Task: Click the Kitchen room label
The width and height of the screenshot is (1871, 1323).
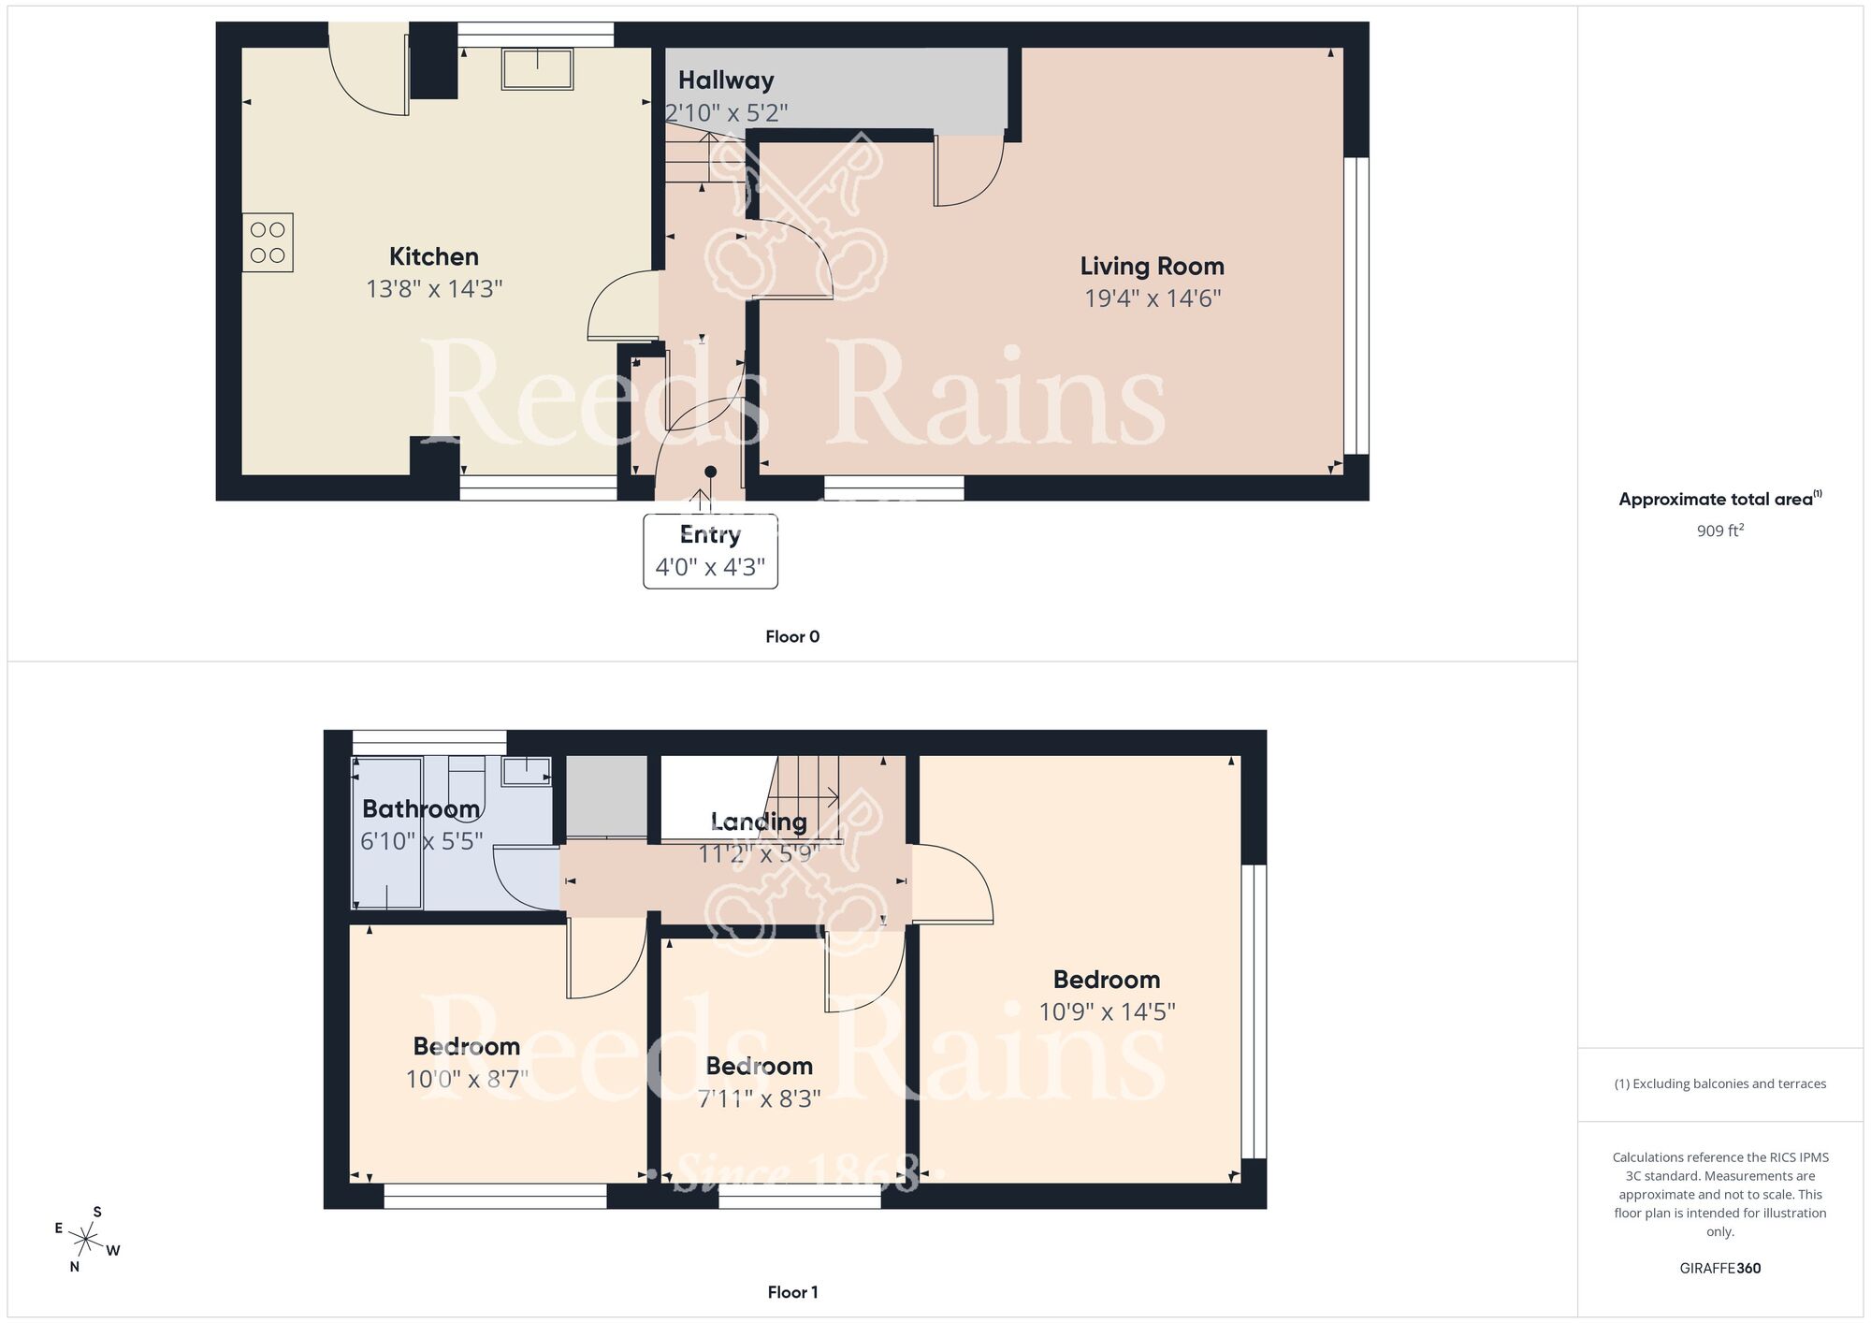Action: (433, 256)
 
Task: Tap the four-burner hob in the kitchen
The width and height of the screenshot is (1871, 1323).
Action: (268, 242)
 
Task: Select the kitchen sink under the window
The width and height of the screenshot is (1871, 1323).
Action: (537, 69)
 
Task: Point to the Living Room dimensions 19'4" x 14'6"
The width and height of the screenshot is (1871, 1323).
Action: (1153, 298)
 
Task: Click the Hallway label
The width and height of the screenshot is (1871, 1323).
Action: (726, 80)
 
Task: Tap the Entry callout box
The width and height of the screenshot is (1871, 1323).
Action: (710, 551)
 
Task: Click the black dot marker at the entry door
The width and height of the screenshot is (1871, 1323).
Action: (710, 472)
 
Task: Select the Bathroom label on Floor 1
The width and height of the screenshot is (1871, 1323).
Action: (421, 808)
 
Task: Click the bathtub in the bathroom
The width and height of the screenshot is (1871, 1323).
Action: (387, 833)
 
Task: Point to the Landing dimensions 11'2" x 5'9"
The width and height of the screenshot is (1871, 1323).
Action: (759, 853)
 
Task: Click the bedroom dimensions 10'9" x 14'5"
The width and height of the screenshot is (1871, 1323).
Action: (1107, 1011)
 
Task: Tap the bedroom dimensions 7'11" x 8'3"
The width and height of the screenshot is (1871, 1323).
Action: (759, 1098)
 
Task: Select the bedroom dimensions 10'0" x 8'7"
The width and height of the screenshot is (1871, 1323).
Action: (467, 1079)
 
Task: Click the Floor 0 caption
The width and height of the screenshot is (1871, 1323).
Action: (792, 636)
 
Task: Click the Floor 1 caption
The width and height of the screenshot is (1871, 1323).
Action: (792, 1292)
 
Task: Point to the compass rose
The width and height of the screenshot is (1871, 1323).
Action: (86, 1241)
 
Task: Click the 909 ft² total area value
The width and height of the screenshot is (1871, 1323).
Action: (1719, 531)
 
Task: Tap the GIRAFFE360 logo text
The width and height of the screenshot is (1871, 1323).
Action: (1719, 1268)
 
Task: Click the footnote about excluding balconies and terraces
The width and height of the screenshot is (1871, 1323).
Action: (1719, 1083)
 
